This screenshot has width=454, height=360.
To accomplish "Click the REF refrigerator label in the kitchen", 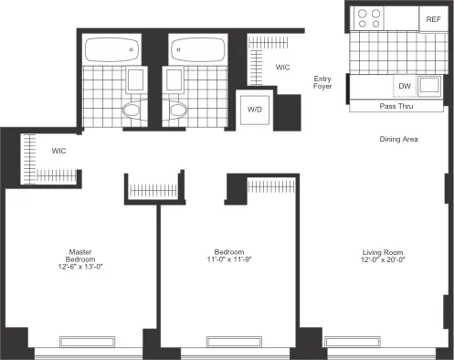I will (432, 19).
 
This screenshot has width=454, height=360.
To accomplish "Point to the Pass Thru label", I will (398, 106).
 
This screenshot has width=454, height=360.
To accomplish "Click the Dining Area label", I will (399, 139).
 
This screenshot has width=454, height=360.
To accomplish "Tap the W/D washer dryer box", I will (254, 109).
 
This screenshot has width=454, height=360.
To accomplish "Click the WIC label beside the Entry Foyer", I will (283, 67).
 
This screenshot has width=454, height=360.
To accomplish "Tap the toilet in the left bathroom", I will (133, 110).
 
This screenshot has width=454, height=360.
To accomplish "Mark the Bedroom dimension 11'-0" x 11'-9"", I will (229, 261).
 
